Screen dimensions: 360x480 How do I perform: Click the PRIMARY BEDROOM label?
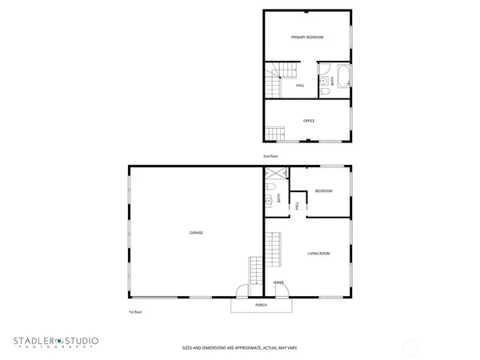(307, 37)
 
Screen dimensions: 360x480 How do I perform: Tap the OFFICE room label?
(309, 121)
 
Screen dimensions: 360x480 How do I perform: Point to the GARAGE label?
(196, 233)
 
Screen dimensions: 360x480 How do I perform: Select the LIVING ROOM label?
(319, 254)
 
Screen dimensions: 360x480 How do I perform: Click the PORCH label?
(261, 305)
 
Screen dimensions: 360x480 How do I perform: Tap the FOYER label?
(278, 282)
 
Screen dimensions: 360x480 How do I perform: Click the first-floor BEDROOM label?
(323, 190)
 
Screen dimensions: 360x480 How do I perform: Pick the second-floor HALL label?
(300, 85)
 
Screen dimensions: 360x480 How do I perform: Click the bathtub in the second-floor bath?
(343, 79)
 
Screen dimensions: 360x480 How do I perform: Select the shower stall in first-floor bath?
(277, 174)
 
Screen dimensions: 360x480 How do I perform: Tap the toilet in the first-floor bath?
(271, 188)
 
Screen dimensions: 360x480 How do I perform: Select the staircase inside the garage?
(255, 278)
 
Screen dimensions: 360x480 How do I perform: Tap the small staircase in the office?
(276, 132)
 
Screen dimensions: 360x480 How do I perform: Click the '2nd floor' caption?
(270, 155)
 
